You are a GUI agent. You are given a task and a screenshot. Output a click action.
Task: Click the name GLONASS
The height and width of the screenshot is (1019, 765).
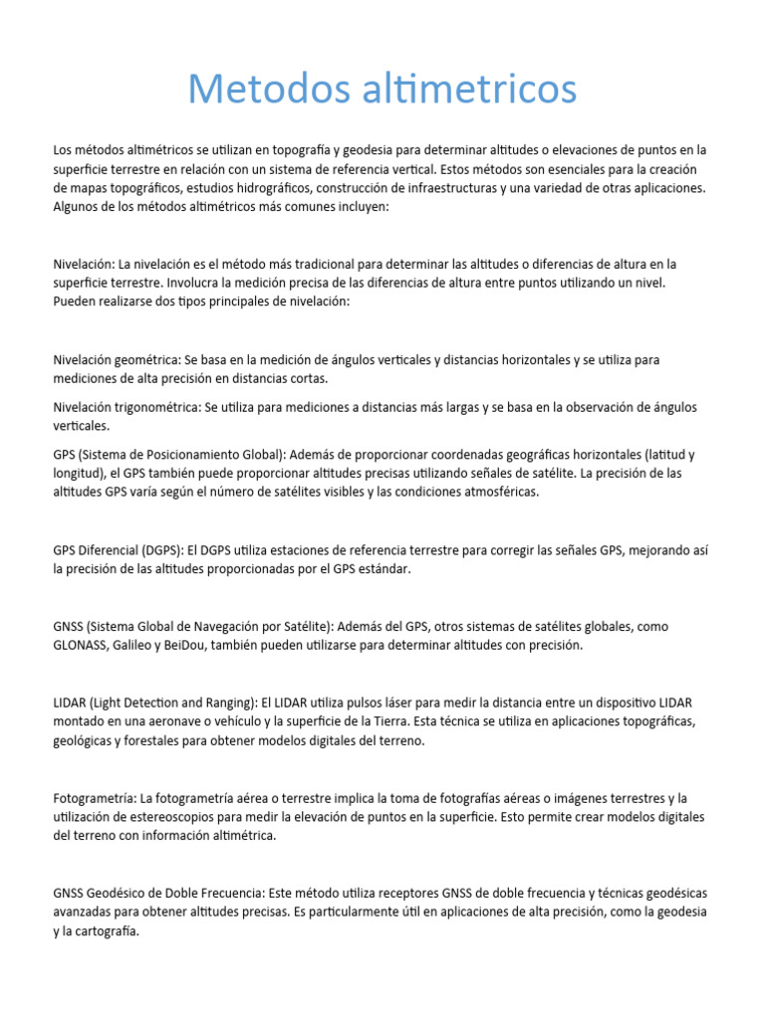point(84,645)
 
